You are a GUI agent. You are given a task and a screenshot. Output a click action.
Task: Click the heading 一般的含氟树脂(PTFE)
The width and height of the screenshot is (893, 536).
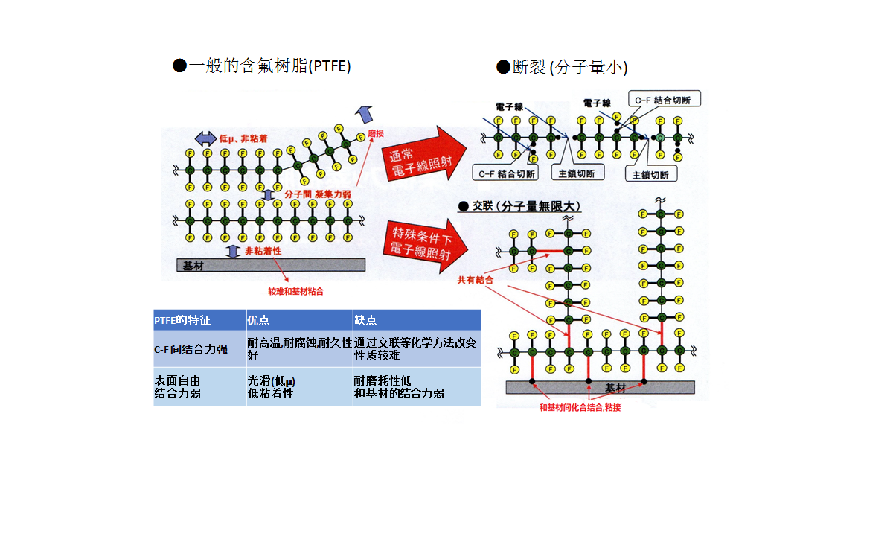[261, 66]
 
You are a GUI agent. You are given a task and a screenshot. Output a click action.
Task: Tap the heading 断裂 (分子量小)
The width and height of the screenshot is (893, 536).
[563, 68]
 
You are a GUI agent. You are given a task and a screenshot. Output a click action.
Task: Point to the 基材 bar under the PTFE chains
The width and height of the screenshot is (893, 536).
[270, 265]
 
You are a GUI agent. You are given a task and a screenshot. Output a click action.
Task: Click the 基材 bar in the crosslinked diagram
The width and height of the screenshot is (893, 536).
[600, 387]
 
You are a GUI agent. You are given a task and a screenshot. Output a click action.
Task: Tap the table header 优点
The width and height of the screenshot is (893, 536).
[298, 320]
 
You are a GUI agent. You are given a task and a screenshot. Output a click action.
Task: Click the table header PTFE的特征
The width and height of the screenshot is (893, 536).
[199, 320]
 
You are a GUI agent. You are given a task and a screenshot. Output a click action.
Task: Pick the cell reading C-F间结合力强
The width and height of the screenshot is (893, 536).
[199, 349]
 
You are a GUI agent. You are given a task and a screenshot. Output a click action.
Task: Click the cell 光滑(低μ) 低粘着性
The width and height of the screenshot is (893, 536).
[298, 386]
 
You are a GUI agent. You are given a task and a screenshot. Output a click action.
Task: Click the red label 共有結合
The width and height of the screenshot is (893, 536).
[476, 280]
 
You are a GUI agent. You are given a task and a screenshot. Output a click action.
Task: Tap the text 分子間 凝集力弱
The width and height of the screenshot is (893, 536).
[317, 194]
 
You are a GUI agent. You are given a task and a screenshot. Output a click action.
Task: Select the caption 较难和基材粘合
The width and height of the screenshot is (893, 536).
[295, 293]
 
